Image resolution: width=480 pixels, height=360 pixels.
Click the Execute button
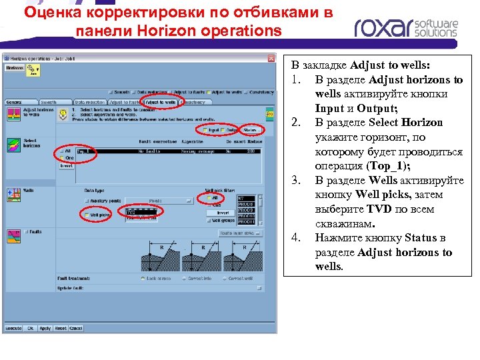coord(13,329)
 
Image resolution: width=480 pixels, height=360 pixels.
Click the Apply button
coord(45,329)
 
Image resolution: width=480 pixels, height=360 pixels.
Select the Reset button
coord(61,329)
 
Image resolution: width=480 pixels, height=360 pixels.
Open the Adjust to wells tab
coord(160,103)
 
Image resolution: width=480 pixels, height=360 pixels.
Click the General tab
coord(15,103)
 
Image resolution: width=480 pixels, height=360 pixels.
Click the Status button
coord(251,130)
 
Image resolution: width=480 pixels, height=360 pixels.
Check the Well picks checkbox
coord(87,215)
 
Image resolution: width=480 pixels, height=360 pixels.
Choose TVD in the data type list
coord(132,211)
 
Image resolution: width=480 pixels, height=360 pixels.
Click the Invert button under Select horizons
coord(67,166)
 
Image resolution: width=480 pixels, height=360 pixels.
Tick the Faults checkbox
coord(26,232)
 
